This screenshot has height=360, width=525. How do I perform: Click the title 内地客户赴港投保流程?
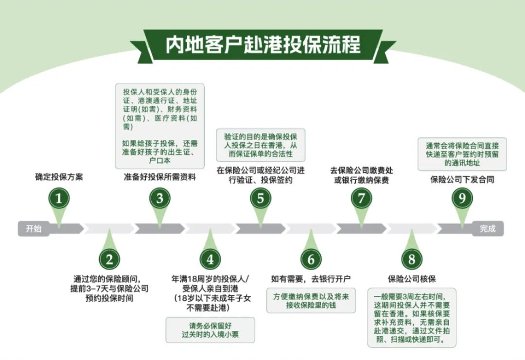(262, 45)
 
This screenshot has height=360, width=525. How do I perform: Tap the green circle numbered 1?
(59, 198)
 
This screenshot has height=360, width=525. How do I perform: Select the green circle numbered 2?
(109, 259)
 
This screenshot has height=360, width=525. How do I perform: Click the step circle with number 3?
(160, 198)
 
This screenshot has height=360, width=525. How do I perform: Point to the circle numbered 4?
(210, 259)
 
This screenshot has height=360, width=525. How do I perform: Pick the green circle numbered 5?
(261, 198)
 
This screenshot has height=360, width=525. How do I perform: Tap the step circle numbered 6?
(311, 259)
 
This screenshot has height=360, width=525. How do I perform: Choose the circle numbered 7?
(361, 198)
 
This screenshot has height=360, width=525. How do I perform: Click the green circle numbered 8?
(412, 259)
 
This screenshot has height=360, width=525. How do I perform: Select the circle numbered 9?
(462, 198)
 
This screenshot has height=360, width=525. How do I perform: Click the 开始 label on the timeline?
(34, 228)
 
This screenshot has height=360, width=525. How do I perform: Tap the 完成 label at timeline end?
(488, 228)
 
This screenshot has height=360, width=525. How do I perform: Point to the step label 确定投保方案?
(59, 177)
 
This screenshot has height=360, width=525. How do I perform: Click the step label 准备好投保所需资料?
(160, 177)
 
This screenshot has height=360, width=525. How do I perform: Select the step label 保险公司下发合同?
(462, 179)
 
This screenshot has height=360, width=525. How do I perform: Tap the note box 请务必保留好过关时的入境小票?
(210, 330)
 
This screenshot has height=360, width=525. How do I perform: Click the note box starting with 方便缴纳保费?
(311, 300)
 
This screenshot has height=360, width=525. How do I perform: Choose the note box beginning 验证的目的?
(261, 144)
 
